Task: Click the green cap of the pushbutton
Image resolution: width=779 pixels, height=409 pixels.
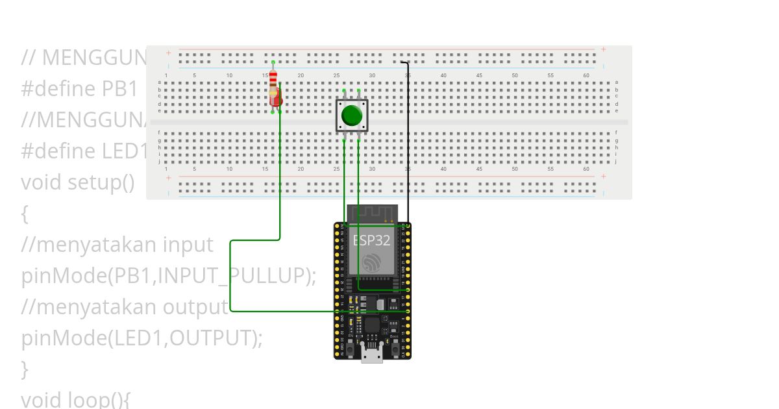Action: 352,115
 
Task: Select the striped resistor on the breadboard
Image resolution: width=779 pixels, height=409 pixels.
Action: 273,81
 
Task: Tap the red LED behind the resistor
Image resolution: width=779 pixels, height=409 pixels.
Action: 277,99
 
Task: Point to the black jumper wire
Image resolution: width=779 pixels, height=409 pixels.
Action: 408,143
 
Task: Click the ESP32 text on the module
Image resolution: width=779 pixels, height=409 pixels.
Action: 372,240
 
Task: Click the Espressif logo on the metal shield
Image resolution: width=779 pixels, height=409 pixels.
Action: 372,262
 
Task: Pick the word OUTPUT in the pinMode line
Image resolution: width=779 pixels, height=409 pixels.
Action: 210,338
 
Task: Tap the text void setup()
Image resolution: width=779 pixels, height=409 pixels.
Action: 77,182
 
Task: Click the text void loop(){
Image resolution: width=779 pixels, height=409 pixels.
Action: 75,399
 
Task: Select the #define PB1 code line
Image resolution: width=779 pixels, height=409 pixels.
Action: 79,88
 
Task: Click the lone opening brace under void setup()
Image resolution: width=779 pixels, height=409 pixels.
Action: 25,214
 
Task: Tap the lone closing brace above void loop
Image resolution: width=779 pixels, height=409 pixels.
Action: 25,369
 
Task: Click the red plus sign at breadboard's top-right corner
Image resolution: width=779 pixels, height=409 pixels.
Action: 603,49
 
